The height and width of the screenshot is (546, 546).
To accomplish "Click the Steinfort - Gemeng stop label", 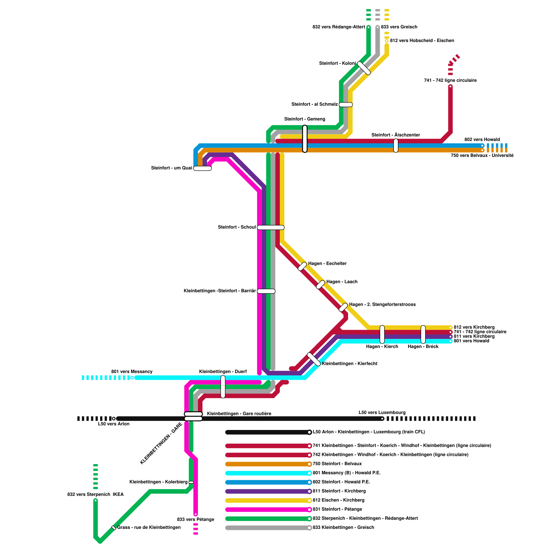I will [x=304, y=119].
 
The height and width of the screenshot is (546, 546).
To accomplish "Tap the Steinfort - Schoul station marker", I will [x=271, y=228].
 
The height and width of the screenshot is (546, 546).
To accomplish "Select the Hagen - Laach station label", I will [x=342, y=282].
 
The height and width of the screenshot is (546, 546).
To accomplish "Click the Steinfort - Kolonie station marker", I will [x=364, y=68].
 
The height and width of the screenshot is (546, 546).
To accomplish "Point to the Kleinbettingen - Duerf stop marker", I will [x=223, y=387].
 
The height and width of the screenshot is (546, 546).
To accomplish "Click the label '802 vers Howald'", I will [x=482, y=140].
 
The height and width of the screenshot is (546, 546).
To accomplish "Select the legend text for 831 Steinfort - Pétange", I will [x=337, y=509].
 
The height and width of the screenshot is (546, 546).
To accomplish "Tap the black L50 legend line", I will [x=268, y=432].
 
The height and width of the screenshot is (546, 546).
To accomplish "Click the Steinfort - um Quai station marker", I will [x=202, y=168].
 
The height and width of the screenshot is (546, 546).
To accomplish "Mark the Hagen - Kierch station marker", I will [x=382, y=334].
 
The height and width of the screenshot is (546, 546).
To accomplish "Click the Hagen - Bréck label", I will [x=423, y=347].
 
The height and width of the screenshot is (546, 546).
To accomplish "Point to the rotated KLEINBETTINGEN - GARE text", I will [x=161, y=443].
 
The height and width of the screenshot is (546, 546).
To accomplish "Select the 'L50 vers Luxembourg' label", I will [x=382, y=413].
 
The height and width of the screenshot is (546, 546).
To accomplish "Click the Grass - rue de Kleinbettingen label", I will [x=149, y=528].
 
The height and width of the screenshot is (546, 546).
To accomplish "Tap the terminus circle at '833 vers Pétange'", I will [x=196, y=514].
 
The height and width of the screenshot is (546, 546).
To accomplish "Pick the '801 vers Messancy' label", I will [x=132, y=372].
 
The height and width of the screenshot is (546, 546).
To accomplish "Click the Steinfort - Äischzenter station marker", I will [x=396, y=146].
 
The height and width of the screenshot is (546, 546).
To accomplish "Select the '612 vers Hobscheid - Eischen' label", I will [x=422, y=41].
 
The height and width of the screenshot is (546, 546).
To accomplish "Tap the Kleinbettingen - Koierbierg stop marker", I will [x=191, y=482].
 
